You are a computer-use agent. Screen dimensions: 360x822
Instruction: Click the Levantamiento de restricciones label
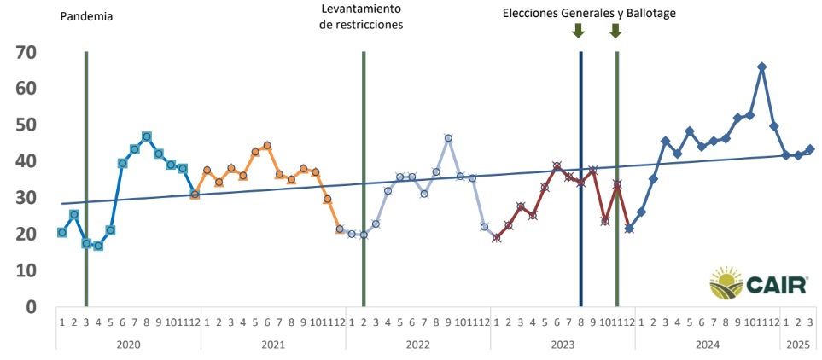360,16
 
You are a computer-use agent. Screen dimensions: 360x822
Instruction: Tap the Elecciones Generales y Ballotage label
589,13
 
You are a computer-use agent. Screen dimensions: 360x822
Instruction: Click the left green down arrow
578,31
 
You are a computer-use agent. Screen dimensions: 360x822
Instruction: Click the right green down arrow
615,31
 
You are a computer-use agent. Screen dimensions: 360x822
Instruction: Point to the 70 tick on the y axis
26,52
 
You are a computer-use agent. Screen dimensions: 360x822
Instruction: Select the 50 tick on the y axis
26,125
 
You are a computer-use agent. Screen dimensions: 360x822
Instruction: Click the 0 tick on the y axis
31,306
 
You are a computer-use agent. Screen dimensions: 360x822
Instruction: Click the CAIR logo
758,283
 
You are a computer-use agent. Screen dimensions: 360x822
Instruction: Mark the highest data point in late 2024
761,67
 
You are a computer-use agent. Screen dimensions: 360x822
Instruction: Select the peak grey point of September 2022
448,137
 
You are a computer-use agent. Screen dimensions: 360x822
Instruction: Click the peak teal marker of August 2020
147,136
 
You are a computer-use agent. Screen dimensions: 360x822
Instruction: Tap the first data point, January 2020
62,232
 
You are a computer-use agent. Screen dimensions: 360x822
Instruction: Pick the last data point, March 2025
810,148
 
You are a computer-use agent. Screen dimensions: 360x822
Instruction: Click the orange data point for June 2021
267,145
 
